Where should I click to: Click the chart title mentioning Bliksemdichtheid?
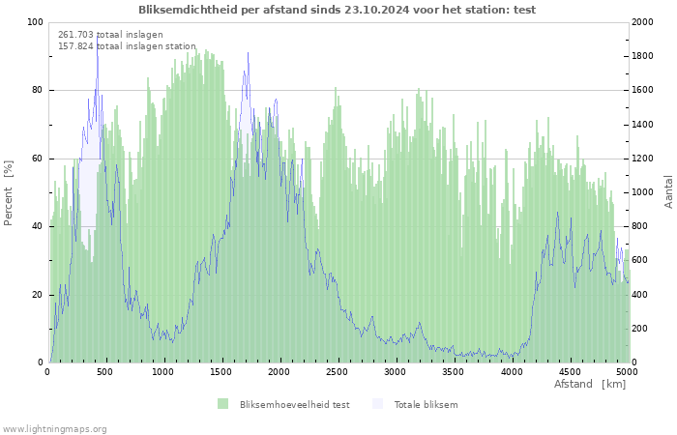tap(337, 10)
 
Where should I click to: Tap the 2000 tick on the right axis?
tap(642, 22)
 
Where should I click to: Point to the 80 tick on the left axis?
tap(37, 90)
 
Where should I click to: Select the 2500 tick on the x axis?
tap(337, 372)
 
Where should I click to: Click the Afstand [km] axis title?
tap(590, 384)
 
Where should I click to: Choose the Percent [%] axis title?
tap(8, 193)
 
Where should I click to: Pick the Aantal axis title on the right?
tap(668, 191)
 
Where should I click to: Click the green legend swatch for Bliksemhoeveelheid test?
tap(222, 404)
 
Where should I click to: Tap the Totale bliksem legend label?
tap(426, 404)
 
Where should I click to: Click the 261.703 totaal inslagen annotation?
tap(110, 35)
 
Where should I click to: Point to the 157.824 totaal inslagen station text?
tap(127, 46)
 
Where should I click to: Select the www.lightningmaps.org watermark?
tap(54, 429)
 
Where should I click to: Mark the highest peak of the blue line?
tap(97, 37)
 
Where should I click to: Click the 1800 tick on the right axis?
tap(642, 56)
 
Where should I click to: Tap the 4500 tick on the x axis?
tap(570, 372)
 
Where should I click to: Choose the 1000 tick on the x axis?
tap(162, 372)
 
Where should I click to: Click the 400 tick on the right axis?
tap(640, 295)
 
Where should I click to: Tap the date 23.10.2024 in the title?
tap(377, 10)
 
